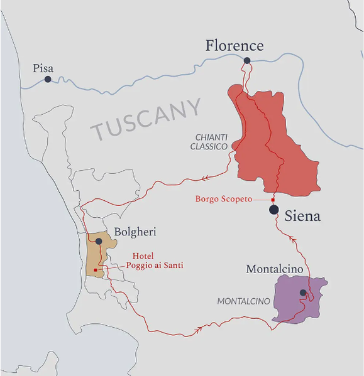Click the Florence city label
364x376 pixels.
[234, 45]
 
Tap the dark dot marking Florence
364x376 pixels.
[247, 61]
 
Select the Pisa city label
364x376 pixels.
[43, 68]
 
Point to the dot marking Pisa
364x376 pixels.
[48, 79]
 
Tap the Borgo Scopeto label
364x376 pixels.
[223, 199]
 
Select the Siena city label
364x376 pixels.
[302, 217]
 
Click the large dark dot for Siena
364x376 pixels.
[274, 210]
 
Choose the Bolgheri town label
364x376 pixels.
[135, 232]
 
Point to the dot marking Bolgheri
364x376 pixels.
[99, 241]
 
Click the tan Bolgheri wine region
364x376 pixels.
[95, 257]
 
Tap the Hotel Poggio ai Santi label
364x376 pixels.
[155, 261]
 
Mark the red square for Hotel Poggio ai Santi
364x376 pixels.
[95, 270]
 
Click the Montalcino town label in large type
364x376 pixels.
[275, 269]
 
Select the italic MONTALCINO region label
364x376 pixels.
[243, 301]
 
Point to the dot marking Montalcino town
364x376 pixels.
[303, 293]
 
